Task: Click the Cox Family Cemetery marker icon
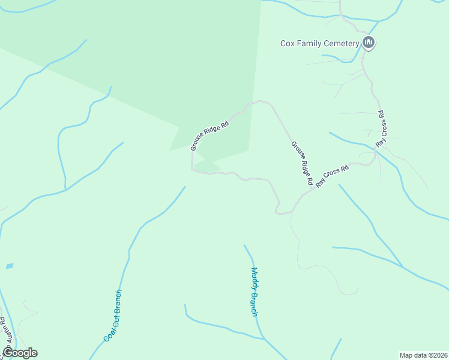pos(369,43)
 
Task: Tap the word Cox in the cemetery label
pos(288,43)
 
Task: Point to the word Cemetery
pos(343,43)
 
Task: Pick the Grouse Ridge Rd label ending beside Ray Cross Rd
pos(302,163)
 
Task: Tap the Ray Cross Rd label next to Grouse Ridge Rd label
pos(332,178)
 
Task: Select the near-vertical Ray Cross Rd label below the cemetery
pos(380,129)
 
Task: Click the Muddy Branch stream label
pos(255,292)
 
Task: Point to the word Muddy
pos(254,279)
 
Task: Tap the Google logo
pos(20,353)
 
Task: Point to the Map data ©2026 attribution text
pos(423,355)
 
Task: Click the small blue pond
pos(9,265)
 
